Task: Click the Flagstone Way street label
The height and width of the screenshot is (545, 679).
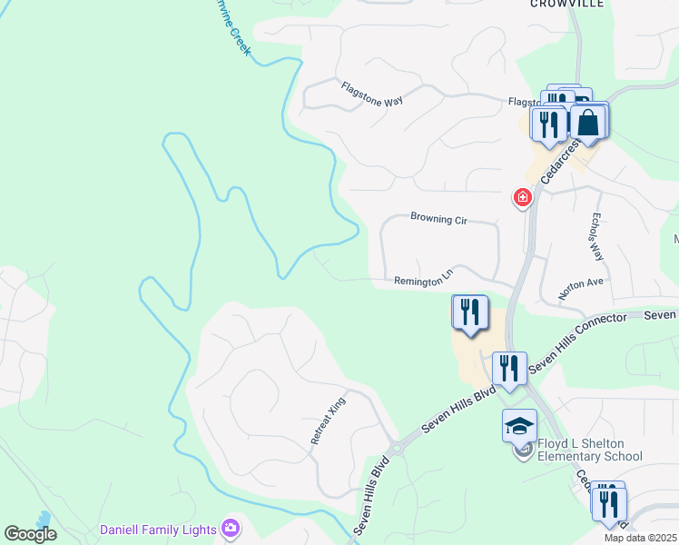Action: [371, 94]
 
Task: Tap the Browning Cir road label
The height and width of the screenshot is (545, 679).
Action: [438, 218]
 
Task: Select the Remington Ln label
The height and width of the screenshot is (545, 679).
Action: [423, 279]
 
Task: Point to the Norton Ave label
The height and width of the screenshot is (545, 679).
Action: [581, 289]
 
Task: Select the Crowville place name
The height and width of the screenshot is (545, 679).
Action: [567, 5]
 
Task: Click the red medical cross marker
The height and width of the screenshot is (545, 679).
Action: [522, 196]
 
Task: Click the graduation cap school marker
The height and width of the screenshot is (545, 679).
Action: [519, 425]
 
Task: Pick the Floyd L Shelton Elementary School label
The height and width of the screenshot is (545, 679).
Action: [590, 450]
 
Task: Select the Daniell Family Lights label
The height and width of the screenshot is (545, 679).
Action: [158, 529]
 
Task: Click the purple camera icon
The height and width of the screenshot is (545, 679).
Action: [231, 528]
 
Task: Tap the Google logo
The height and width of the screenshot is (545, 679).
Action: [30, 534]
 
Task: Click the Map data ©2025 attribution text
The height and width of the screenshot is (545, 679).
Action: [640, 538]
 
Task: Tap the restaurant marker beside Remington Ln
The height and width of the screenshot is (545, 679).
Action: [469, 313]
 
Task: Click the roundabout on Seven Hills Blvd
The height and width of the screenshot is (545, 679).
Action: [396, 447]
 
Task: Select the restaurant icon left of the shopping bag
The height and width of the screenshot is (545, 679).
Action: [548, 123]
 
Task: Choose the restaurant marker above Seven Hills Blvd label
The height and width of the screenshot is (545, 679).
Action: [509, 369]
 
